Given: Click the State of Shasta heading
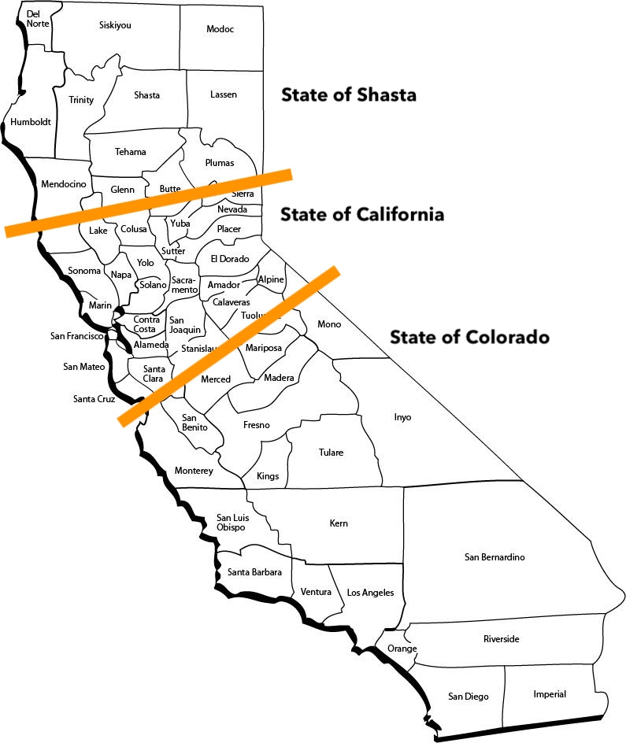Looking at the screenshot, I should tap(349, 95).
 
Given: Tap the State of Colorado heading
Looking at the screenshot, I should tap(469, 337).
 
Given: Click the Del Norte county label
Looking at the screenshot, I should tap(37, 19).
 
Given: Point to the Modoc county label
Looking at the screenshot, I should tap(220, 29).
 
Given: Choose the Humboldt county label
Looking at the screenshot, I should tap(31, 122).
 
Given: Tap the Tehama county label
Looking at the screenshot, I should tap(130, 152).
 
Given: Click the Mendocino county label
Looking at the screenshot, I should tap(63, 184).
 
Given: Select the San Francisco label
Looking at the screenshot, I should tap(77, 336).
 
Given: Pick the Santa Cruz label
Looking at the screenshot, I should tap(94, 399).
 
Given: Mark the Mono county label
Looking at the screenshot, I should tap(329, 324).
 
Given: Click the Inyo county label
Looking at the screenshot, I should tap(402, 417).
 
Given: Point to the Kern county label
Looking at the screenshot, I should tap(339, 523).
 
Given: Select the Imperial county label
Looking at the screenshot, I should tap(550, 694).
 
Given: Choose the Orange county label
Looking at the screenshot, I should tap(402, 649).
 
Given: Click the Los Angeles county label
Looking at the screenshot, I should tap(370, 593).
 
